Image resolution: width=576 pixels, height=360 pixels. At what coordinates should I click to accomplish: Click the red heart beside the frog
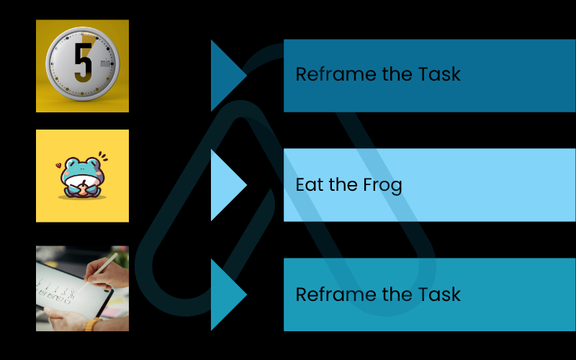click(58, 166)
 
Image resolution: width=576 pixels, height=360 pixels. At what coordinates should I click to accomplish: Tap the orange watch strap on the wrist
click(91, 324)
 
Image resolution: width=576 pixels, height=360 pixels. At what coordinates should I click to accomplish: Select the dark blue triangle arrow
click(226, 75)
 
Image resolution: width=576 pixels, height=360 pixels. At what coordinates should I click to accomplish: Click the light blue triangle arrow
click(226, 185)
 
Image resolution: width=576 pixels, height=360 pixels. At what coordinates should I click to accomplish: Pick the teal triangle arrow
click(226, 294)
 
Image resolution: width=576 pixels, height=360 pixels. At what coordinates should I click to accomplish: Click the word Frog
click(382, 185)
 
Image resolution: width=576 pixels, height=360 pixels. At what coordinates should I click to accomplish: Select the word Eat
click(310, 185)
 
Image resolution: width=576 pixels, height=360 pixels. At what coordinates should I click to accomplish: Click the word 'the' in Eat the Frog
click(343, 185)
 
